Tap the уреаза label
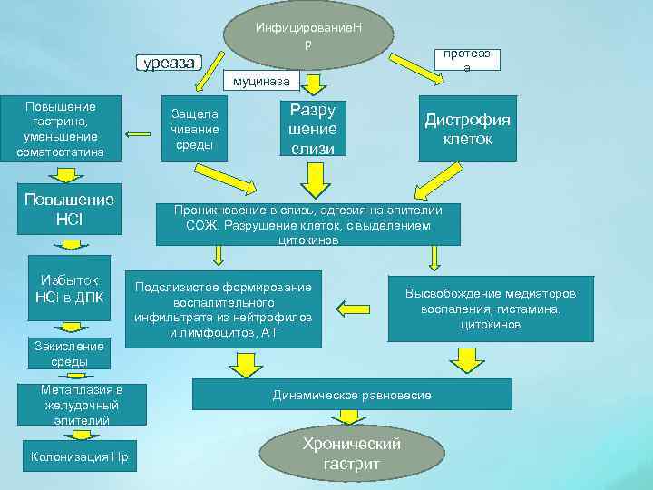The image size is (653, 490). click(x=169, y=63)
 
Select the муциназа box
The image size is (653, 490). click(x=261, y=82)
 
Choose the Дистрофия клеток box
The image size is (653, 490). click(x=467, y=129)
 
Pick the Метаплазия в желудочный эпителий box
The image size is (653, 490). click(x=81, y=405)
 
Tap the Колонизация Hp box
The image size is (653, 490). click(x=81, y=456)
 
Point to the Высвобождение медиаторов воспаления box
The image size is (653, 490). click(x=490, y=309)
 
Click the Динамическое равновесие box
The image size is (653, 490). click(x=352, y=395)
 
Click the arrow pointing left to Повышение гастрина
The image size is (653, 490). click(x=138, y=135)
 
